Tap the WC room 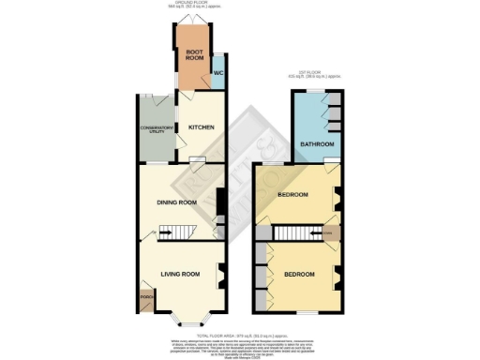pyautogui.click(x=217, y=72)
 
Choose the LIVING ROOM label pyautogui.click(x=181, y=274)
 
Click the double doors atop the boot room pyautogui.click(x=194, y=23)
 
